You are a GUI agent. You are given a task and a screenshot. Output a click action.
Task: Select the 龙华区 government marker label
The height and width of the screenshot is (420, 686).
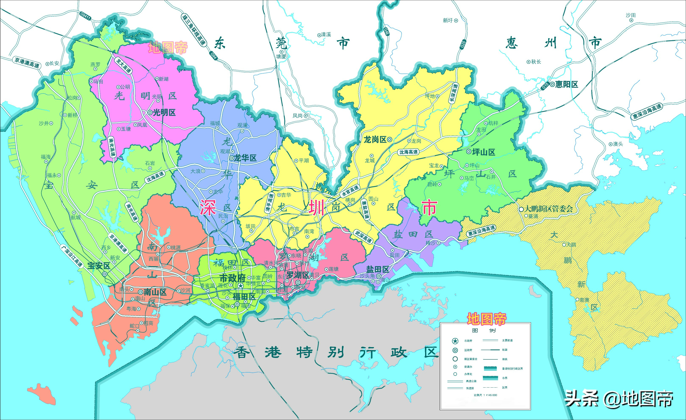[245, 158]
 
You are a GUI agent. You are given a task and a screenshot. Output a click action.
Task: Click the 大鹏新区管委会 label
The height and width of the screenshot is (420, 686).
[549, 209]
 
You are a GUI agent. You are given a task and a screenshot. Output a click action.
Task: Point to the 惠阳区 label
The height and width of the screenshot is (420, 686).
[566, 84]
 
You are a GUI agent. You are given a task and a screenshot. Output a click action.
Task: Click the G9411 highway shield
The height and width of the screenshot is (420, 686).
[85, 16]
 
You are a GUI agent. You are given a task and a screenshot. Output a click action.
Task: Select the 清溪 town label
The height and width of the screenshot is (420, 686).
[326, 35]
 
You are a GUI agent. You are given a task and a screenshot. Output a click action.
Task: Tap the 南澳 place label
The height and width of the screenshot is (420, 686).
[584, 300]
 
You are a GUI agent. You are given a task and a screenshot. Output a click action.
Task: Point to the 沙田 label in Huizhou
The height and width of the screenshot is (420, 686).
[630, 15]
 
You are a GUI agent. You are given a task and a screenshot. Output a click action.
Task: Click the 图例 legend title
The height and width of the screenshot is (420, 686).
[484, 331]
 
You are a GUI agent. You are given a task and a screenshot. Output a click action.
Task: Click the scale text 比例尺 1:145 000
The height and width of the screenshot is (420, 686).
[485, 395]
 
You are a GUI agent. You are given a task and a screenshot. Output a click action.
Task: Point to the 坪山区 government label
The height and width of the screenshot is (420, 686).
[484, 152]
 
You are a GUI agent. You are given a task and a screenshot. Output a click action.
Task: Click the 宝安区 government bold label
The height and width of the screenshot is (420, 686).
[99, 266]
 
